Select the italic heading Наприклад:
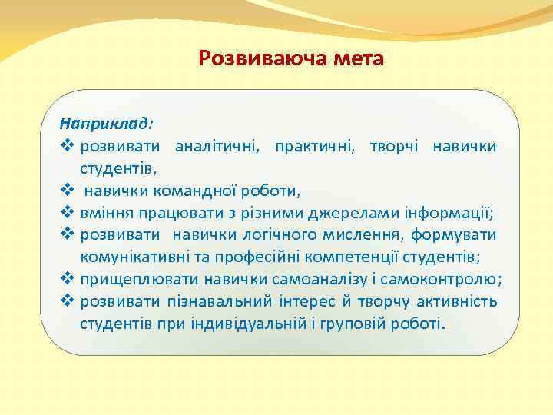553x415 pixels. click(107, 123)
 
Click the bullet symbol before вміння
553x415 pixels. click(66, 212)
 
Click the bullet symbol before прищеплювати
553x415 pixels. click(66, 279)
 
